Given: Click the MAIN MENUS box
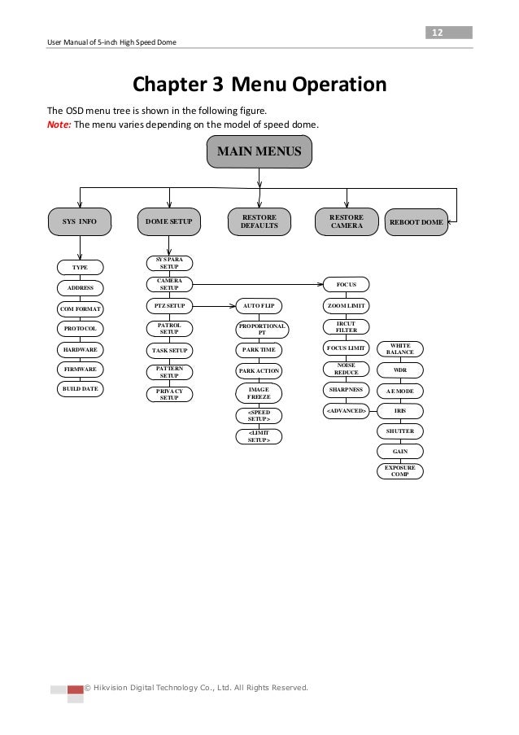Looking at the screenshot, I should click(x=259, y=151).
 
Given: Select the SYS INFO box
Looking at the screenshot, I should click(x=80, y=221).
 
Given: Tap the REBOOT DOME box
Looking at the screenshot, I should click(x=416, y=221).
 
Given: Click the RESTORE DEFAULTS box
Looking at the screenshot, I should click(x=259, y=221).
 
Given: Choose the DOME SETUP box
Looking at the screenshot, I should click(x=169, y=221).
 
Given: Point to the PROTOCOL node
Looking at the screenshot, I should click(x=80, y=328).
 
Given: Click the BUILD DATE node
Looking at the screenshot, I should click(x=80, y=389).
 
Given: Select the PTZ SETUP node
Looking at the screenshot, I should click(x=169, y=306).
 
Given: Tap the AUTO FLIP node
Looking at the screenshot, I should click(x=259, y=306).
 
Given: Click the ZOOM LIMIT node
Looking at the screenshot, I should click(x=346, y=306).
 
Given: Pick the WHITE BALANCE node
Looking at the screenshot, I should click(x=400, y=349).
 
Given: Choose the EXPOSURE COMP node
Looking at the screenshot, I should click(x=400, y=471).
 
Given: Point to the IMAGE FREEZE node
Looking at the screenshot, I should click(x=259, y=394).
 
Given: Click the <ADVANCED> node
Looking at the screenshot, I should click(x=346, y=409).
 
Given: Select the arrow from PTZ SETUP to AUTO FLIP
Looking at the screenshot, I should click(x=214, y=306).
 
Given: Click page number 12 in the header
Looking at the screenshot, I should click(x=436, y=33).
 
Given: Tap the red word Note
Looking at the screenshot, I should click(x=61, y=125).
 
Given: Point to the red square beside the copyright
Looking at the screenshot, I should click(x=75, y=690).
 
